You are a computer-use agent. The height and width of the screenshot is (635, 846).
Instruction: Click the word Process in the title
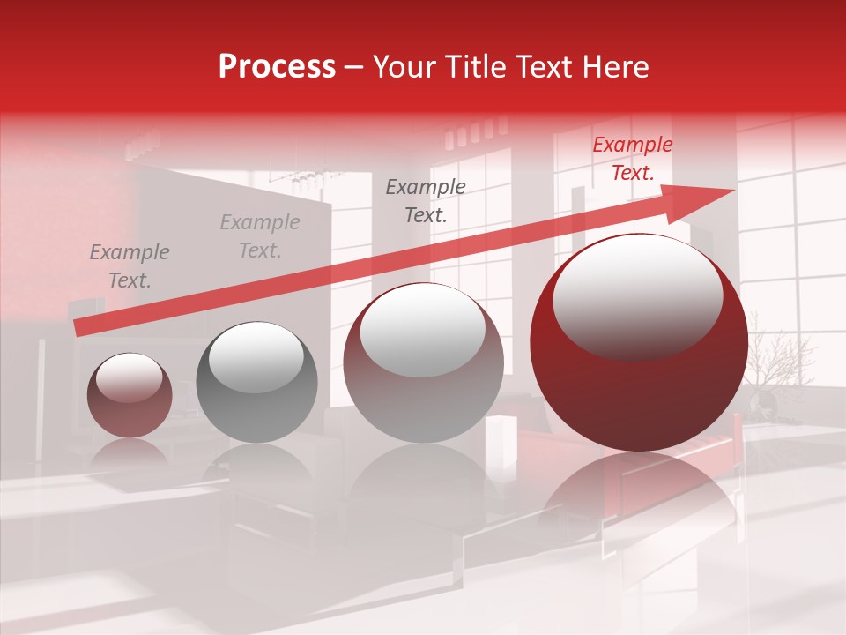277,67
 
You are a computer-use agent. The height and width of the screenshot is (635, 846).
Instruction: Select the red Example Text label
632,159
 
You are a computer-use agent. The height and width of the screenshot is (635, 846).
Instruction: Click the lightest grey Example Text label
260,236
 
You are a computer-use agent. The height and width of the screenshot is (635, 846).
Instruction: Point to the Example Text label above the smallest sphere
130,266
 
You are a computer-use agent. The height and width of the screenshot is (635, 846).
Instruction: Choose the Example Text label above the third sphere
426,200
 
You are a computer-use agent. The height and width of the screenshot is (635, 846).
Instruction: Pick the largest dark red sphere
639,388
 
